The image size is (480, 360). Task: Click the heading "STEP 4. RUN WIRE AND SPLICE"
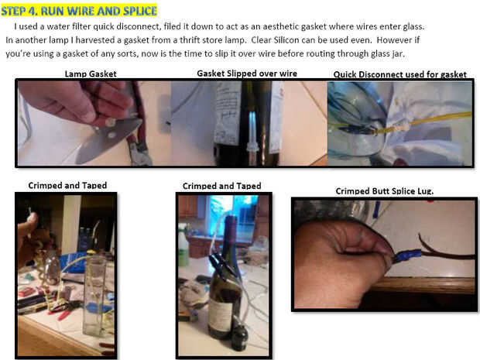(x=79, y=11)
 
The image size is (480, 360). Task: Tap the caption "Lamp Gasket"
(x=91, y=74)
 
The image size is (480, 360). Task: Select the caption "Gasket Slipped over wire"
(x=247, y=74)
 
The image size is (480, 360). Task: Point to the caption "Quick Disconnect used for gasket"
(x=399, y=74)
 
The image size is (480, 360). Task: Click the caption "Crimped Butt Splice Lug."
(x=385, y=191)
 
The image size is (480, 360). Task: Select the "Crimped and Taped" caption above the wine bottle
(x=222, y=186)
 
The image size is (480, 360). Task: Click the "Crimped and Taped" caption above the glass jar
(x=67, y=185)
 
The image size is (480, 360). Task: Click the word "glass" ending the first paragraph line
(x=413, y=26)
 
